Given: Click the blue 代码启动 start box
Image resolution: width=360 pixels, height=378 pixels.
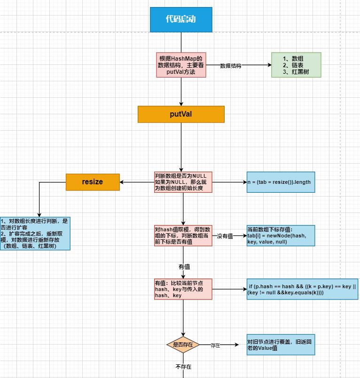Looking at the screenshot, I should [x=181, y=20].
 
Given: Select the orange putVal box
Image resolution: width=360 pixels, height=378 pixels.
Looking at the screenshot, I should [x=181, y=114].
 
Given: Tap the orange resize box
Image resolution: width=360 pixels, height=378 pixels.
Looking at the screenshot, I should [x=93, y=182].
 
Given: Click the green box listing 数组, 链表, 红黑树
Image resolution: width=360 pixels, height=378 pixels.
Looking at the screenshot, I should [x=296, y=65].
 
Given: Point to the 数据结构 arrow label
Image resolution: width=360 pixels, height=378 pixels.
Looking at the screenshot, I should [x=231, y=66].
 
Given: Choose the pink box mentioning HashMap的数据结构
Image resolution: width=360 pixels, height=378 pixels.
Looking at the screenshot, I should [x=181, y=65].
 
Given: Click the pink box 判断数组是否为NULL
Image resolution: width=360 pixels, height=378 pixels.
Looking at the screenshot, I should [x=183, y=182].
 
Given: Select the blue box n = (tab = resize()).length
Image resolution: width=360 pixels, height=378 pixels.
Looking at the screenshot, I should [x=281, y=182].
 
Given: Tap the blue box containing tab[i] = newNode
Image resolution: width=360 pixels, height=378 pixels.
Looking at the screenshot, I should [x=281, y=236].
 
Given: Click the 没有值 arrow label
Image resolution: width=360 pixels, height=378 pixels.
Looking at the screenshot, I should [x=225, y=236].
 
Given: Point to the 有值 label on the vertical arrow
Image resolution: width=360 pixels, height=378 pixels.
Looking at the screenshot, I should [x=184, y=267].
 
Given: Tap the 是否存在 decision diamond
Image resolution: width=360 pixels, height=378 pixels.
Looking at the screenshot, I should [x=183, y=345].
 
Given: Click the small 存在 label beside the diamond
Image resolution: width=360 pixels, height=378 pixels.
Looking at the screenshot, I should [x=215, y=345].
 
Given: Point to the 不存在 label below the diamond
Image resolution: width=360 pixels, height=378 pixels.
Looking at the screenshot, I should [x=183, y=367].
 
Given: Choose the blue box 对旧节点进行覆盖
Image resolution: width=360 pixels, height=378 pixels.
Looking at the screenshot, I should [x=281, y=345].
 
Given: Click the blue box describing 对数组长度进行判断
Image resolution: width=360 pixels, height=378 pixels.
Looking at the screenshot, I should [x=35, y=233].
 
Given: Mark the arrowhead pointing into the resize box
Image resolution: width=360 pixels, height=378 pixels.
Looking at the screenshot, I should [x=122, y=182].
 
